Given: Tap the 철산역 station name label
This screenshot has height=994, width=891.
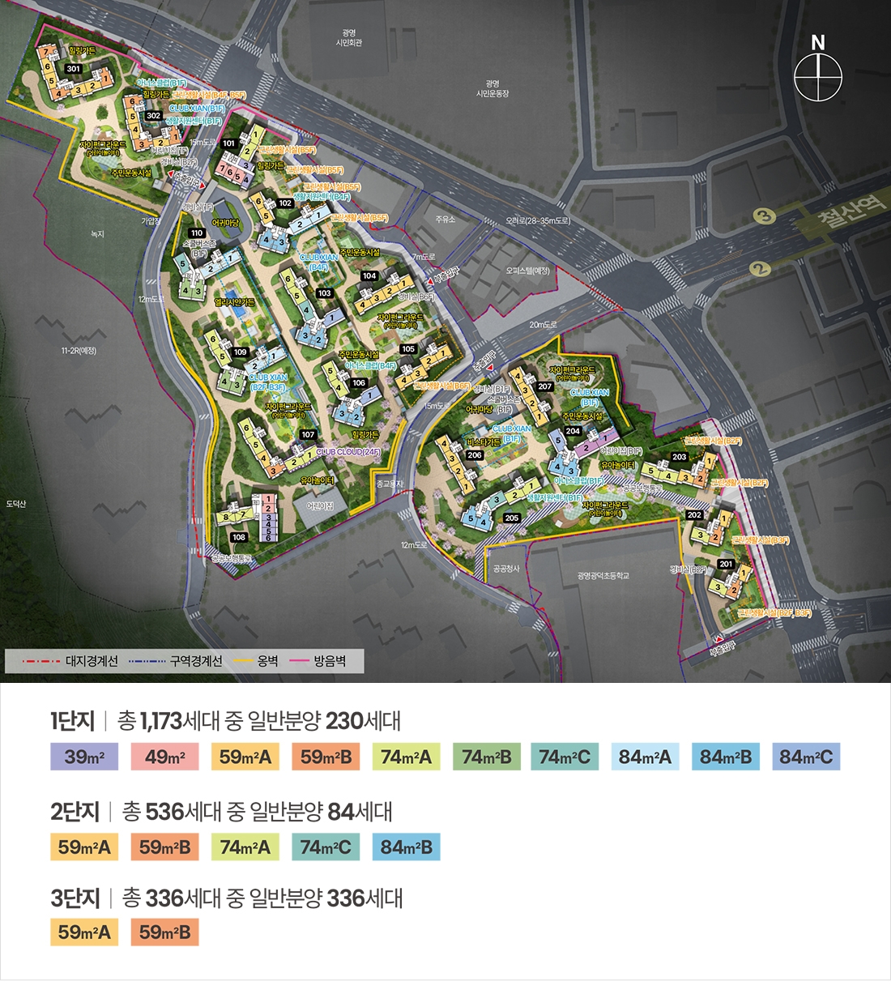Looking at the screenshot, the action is [851, 210].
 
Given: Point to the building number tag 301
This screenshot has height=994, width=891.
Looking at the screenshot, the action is [74, 69].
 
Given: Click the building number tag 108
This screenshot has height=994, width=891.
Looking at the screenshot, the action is [238, 537].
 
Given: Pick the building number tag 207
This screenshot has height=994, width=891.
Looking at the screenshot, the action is [545, 386].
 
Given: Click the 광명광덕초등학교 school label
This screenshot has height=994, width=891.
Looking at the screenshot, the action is [603, 576].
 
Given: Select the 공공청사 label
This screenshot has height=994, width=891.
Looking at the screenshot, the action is [506, 569].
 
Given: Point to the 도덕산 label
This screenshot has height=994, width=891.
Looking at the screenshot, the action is [16, 504].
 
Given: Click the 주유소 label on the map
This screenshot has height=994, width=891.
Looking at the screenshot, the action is [446, 220].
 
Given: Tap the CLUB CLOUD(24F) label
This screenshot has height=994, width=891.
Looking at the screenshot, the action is [348, 452].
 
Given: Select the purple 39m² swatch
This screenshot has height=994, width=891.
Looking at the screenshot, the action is [84, 757].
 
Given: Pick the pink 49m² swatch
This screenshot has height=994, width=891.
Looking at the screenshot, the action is [165, 757].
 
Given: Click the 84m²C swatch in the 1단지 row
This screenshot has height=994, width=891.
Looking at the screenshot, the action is [806, 757].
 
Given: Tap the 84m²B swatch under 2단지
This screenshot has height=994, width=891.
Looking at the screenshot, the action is [407, 847].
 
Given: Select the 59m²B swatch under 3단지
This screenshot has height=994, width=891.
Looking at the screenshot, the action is [164, 932].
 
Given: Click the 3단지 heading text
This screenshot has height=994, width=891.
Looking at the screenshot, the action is [75, 898].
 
